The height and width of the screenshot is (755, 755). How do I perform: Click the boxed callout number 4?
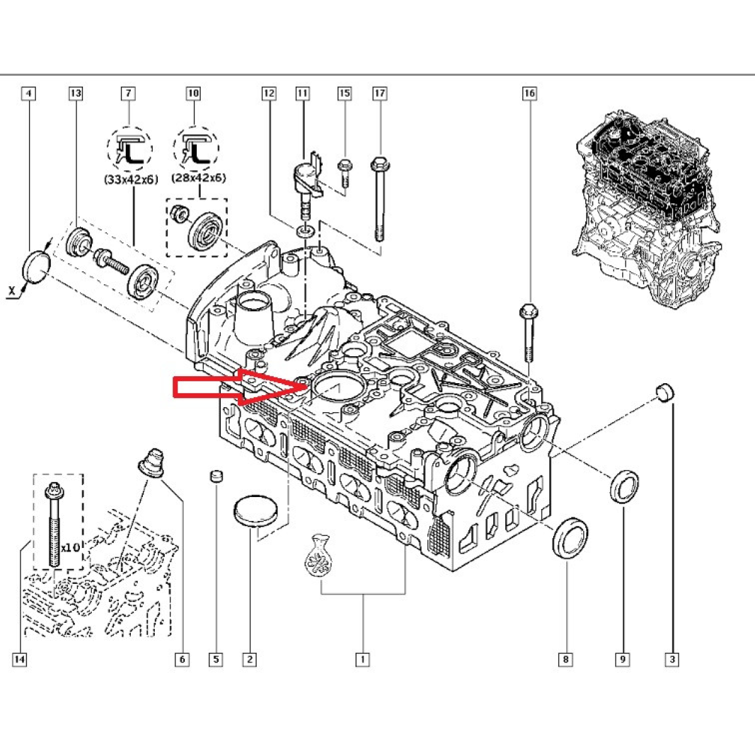(x=28, y=94)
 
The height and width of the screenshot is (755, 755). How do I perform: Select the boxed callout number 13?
(x=75, y=94)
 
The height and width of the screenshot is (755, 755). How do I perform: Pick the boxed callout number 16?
(x=529, y=94)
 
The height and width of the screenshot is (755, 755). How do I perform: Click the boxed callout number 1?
(x=362, y=659)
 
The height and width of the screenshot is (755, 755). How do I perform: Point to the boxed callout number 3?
(x=672, y=659)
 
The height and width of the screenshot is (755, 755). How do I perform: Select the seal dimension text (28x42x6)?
(x=199, y=178)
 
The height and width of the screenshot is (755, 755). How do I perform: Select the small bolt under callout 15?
(x=344, y=171)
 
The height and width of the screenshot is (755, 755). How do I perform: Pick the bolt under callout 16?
(x=527, y=333)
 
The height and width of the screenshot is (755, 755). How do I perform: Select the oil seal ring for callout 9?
(x=625, y=486)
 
